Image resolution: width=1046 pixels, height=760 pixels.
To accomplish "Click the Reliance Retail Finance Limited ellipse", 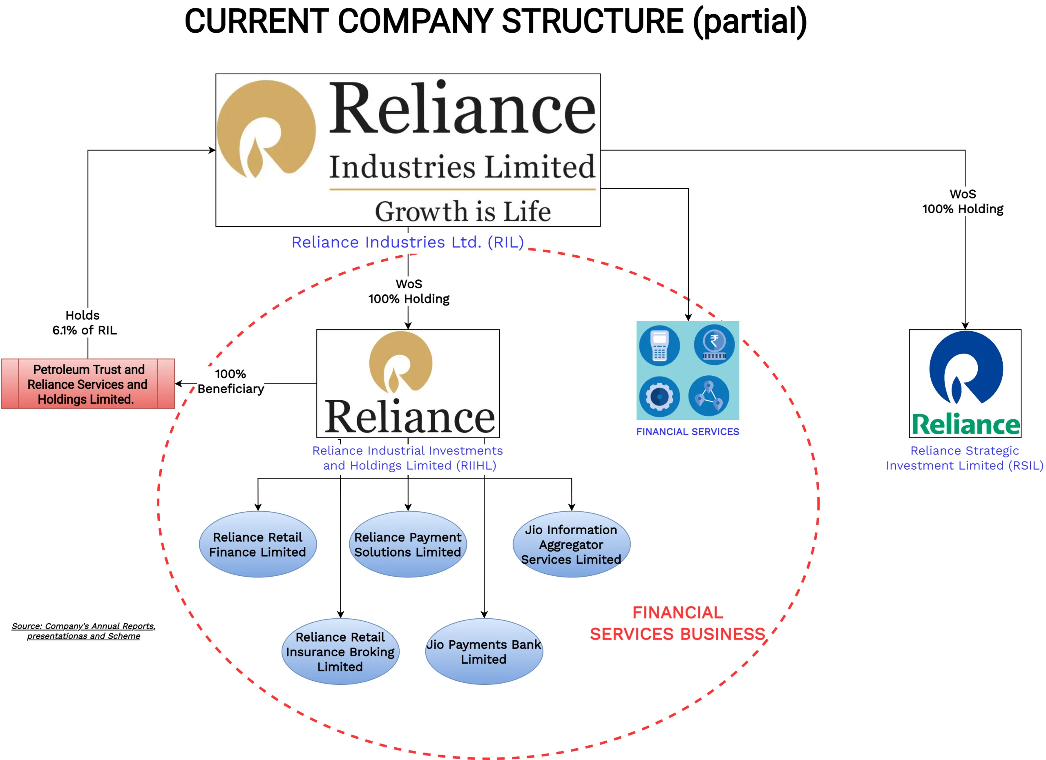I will (258, 544).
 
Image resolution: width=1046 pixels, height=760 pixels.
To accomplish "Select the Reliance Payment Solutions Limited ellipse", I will (408, 544).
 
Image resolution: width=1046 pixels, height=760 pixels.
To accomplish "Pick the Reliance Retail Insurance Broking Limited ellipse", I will (340, 651).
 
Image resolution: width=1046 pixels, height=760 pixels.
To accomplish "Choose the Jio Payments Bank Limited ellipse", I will (484, 651).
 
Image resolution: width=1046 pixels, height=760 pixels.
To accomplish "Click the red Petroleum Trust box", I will (87, 384).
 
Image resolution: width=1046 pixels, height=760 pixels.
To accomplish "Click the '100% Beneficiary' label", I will (230, 381).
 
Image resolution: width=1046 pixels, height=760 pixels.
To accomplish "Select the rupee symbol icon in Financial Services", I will (714, 344).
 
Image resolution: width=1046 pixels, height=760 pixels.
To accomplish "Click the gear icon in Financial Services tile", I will (659, 397).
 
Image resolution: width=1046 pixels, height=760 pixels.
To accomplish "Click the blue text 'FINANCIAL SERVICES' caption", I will (687, 432).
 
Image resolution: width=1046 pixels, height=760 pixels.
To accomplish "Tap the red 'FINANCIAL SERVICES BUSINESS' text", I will (677, 623).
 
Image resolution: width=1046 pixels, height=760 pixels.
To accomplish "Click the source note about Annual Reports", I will (83, 631).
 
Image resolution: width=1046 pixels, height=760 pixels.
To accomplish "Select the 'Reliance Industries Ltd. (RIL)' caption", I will (408, 242).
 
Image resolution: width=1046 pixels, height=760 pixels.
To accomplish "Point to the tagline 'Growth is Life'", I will (463, 211).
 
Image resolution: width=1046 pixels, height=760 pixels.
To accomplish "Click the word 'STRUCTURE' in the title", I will (592, 21).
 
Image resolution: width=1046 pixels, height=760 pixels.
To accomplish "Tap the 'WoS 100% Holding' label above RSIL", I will (963, 201).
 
